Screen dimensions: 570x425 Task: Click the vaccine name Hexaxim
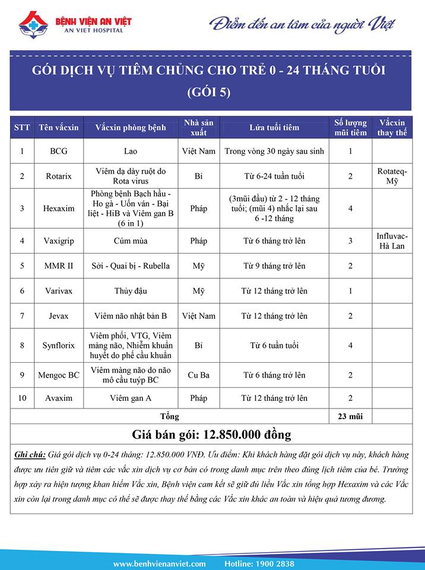(x=59, y=208)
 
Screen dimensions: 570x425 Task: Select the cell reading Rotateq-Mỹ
(x=392, y=176)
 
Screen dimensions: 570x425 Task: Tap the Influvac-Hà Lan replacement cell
(x=392, y=240)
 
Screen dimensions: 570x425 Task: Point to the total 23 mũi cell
(x=350, y=416)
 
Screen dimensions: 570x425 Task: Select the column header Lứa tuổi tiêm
(x=274, y=128)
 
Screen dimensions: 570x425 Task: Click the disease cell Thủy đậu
(x=131, y=291)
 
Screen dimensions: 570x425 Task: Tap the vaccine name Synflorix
(x=59, y=346)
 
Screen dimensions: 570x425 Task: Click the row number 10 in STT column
(x=22, y=398)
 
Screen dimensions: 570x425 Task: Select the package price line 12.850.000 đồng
(x=213, y=435)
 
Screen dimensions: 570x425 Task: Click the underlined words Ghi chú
(x=30, y=455)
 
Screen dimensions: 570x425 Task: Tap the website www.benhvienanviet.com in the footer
(x=159, y=563)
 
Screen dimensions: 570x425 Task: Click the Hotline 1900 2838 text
(x=259, y=563)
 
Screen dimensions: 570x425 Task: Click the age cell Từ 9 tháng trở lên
(x=274, y=266)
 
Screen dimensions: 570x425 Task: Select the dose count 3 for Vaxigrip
(x=350, y=240)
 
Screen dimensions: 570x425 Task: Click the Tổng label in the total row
(x=170, y=416)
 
